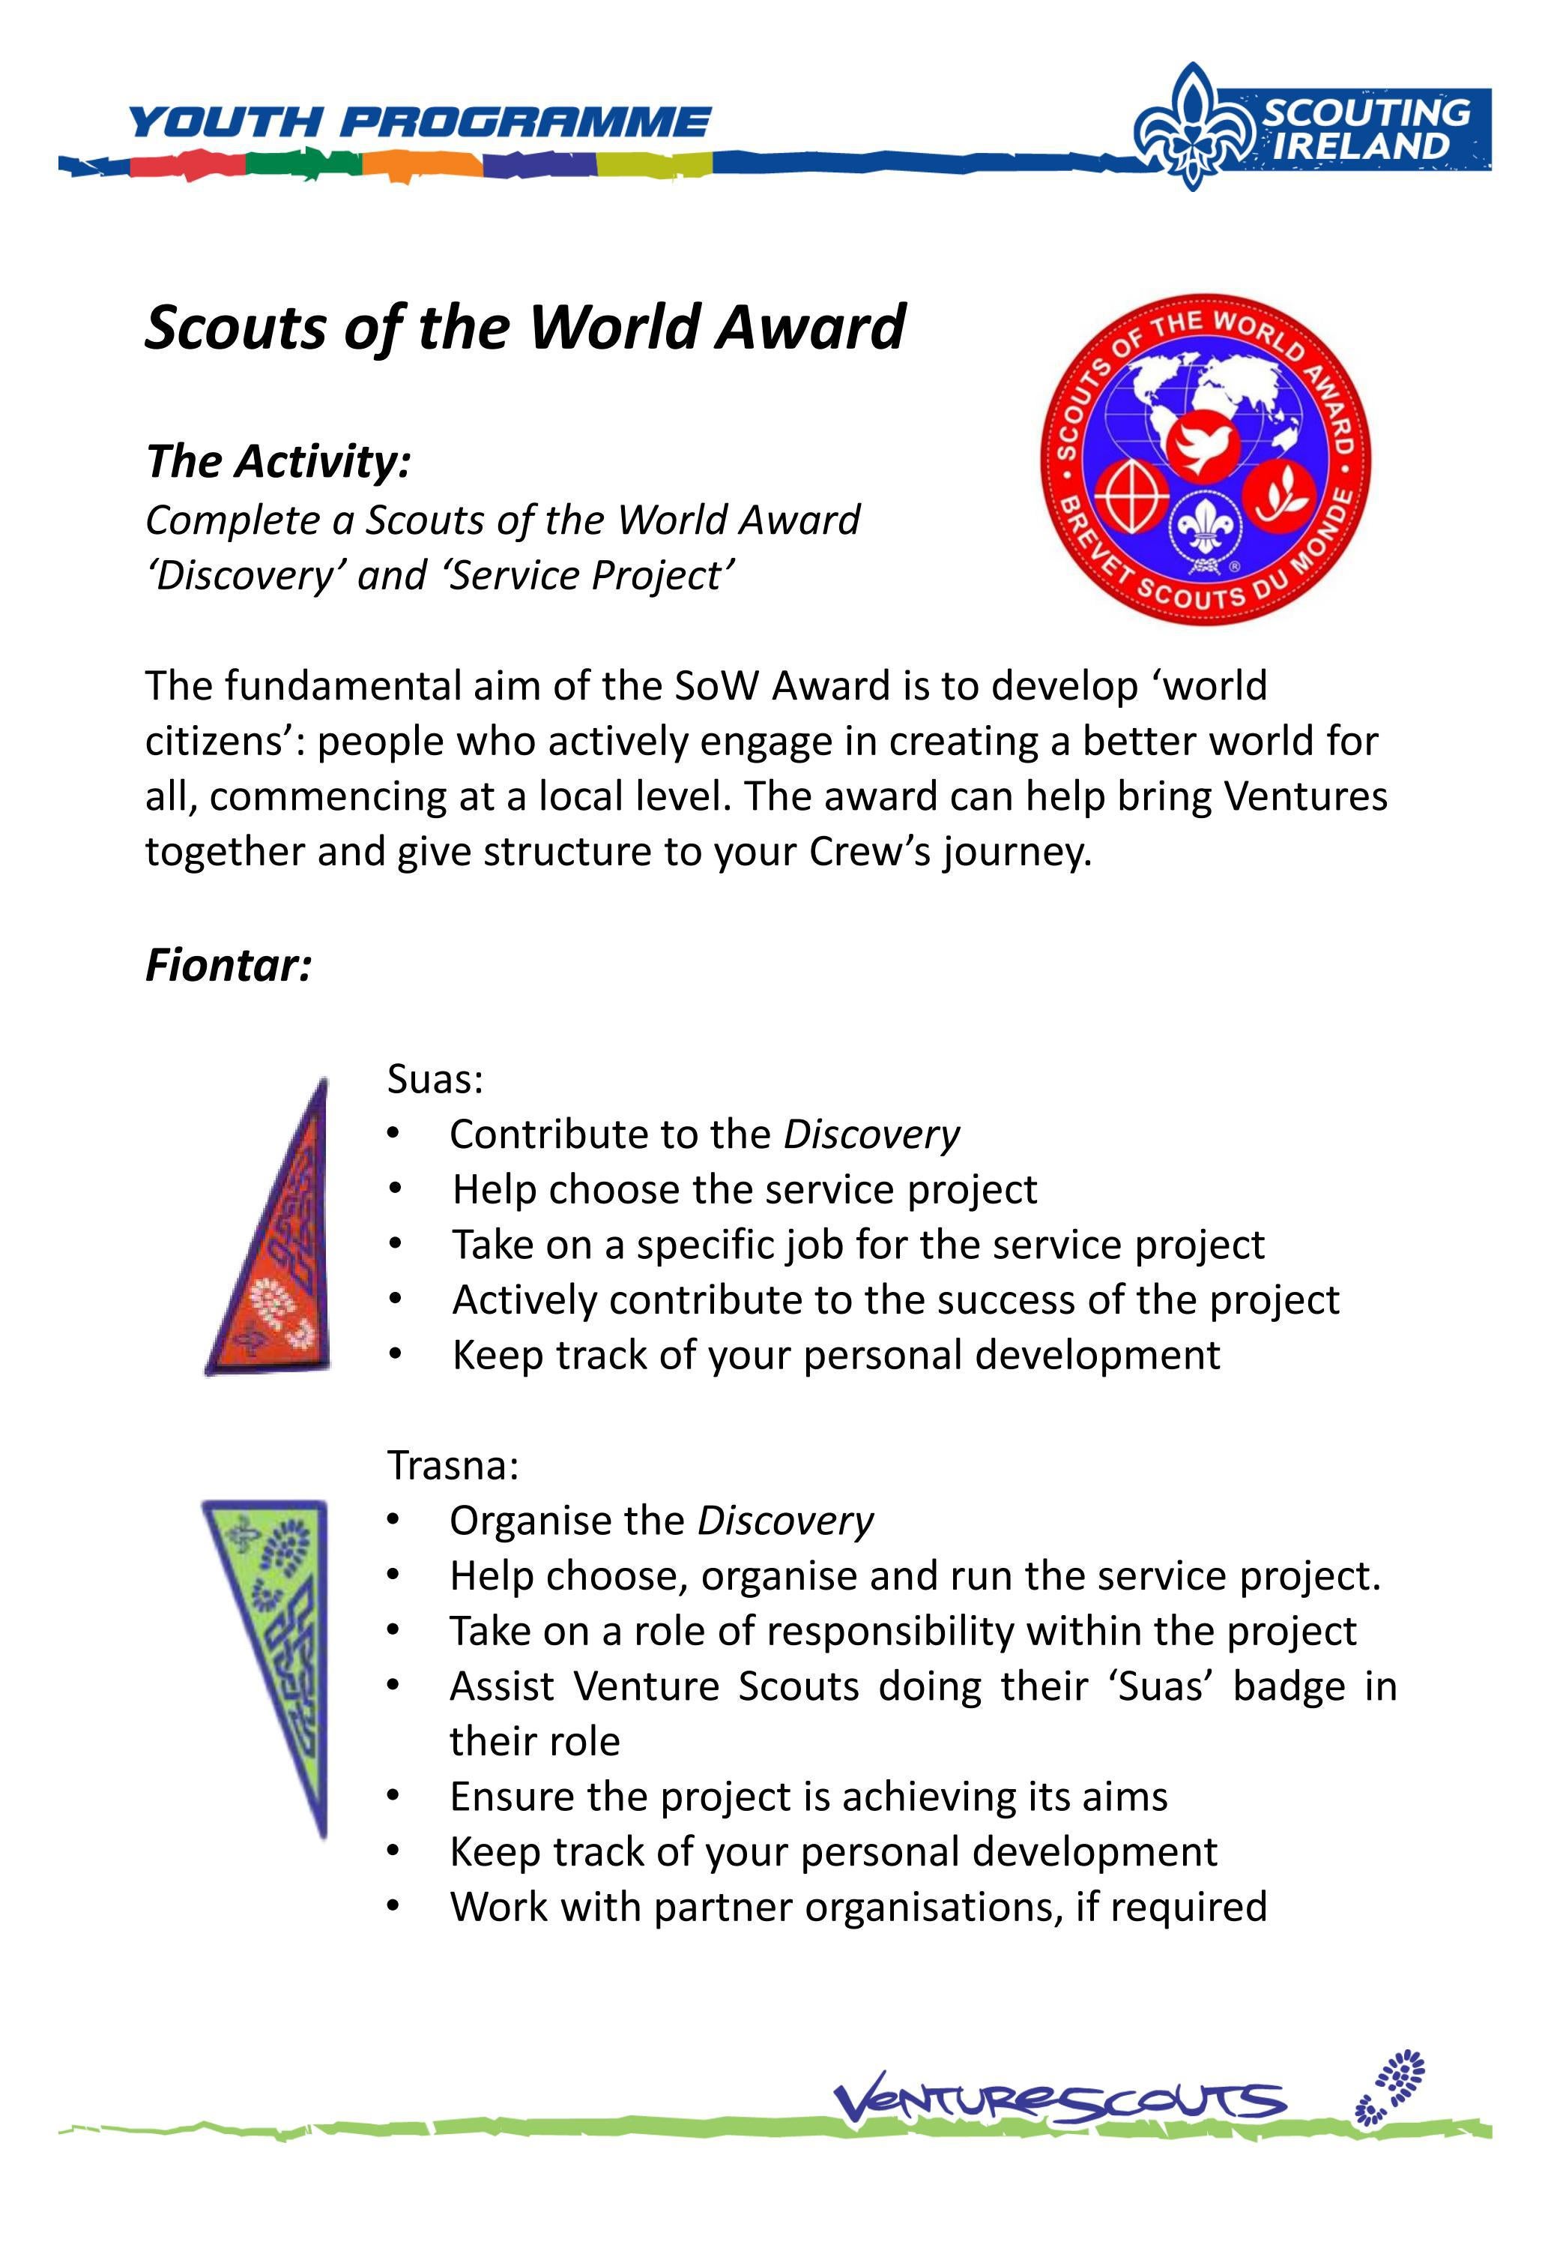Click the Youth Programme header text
click(419, 122)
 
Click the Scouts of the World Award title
click(524, 327)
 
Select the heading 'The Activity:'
click(279, 461)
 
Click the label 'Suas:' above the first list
click(435, 1079)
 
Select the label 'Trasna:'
click(453, 1464)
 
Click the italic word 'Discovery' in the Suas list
click(871, 1134)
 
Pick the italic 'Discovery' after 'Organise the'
click(785, 1521)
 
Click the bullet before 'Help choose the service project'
click(393, 1189)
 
